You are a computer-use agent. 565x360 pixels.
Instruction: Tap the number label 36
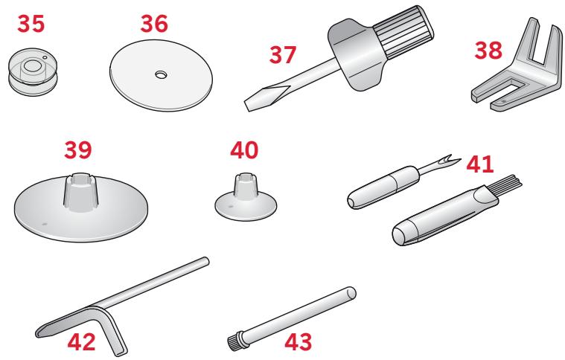point(155,23)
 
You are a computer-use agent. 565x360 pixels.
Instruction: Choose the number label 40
point(243,150)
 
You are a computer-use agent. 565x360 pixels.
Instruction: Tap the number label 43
point(304,343)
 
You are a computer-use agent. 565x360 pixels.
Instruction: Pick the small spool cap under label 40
point(243,197)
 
